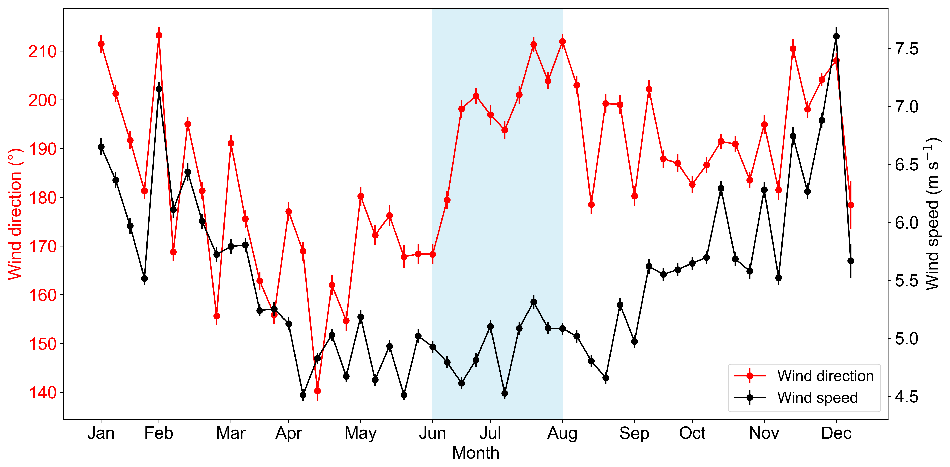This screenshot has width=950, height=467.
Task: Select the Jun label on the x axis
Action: [x=433, y=433]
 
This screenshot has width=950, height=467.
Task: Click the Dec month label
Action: [x=836, y=433]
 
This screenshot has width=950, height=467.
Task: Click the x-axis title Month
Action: [x=476, y=453]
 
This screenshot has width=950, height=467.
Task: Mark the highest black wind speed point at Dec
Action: [x=836, y=36]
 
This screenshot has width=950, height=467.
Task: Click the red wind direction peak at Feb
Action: [x=159, y=35]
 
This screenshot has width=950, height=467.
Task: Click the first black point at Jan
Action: [x=101, y=147]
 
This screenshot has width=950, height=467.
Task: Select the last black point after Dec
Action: [x=851, y=261]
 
